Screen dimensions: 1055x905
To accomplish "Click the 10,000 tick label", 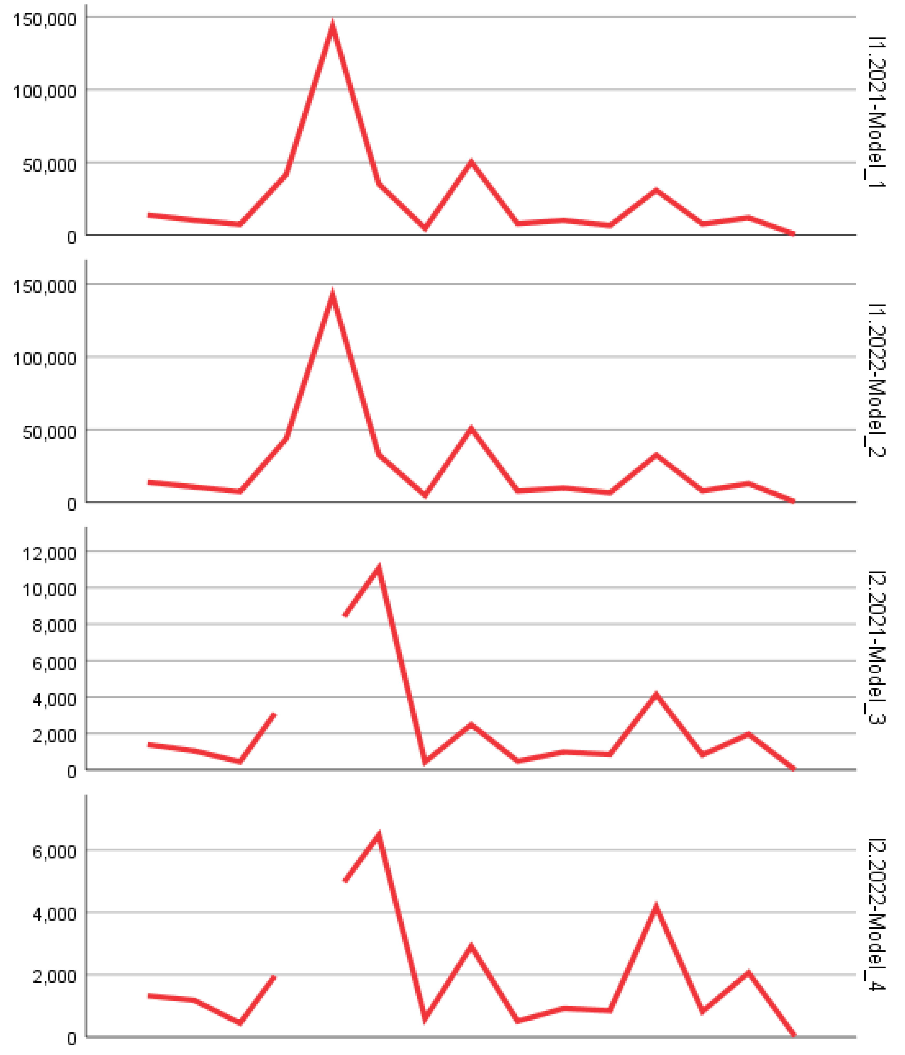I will pos(49,589).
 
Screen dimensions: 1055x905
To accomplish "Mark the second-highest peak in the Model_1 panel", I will pos(471,163).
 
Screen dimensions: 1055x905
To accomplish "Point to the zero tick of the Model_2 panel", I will pos(71,504).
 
